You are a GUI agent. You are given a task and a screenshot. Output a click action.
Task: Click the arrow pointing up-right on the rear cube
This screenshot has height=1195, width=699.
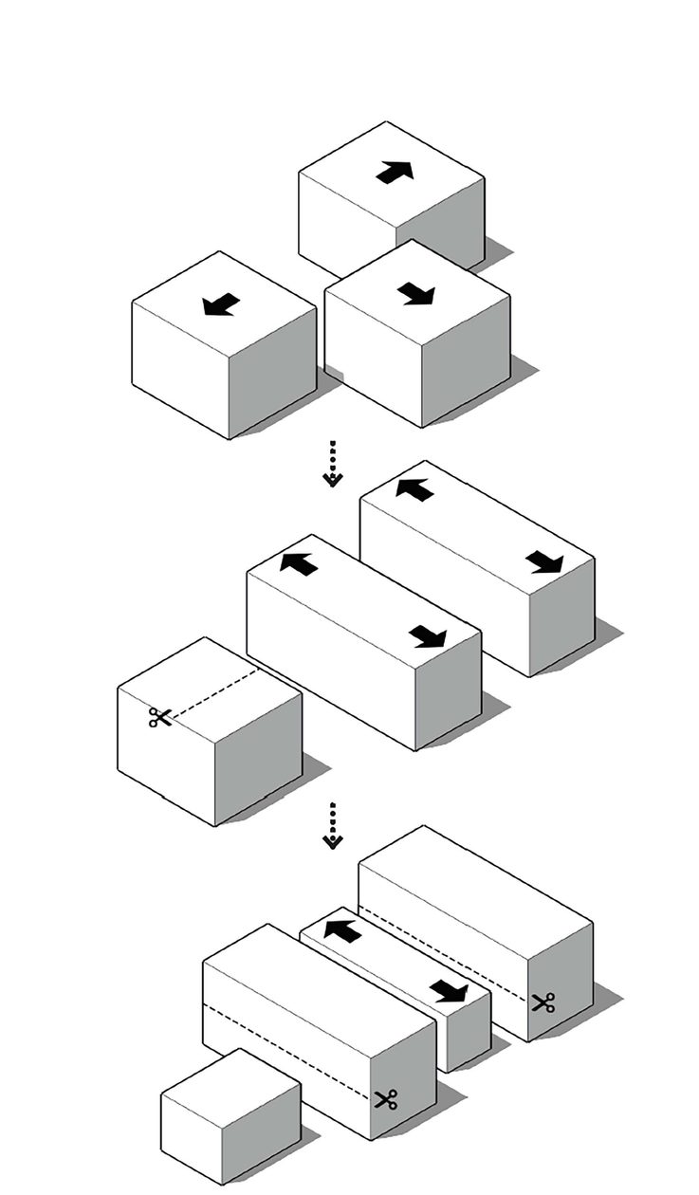pos(395,173)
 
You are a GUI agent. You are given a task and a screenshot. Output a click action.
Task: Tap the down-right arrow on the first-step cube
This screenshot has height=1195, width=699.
pos(415,294)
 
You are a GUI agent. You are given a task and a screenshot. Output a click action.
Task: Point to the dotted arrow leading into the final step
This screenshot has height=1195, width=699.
pos(332,826)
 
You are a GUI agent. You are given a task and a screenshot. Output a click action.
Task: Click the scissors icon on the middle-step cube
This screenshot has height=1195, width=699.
pos(159,717)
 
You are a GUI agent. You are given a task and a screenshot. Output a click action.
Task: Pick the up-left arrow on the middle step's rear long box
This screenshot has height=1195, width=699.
pos(414,489)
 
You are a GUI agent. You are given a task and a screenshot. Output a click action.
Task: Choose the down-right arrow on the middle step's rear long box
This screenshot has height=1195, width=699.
pos(544,562)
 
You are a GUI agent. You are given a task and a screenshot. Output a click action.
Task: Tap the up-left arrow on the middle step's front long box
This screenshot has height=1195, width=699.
pos(299,563)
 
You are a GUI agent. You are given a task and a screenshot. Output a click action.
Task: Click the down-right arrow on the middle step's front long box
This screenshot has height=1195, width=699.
pos(428,636)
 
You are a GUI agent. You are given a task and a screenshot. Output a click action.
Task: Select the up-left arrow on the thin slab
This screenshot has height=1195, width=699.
pos(342,930)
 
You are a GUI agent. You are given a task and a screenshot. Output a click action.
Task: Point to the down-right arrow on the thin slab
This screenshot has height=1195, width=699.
pos(449,992)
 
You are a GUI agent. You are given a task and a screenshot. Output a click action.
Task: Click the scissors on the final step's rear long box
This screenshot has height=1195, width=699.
pos(543,1002)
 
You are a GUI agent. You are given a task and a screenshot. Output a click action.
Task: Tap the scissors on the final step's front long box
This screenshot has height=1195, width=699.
pos(385,1099)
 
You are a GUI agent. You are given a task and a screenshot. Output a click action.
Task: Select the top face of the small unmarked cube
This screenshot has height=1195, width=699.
pos(231,1087)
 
